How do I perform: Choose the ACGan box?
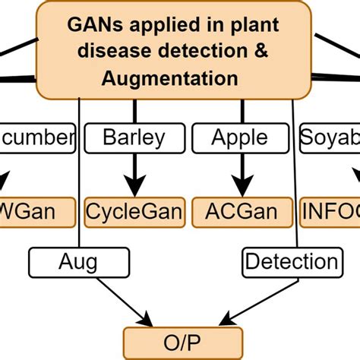click(242, 210)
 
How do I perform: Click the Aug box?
click(78, 263)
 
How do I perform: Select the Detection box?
click(292, 263)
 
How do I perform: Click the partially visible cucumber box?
click(38, 137)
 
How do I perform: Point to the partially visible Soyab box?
click(329, 137)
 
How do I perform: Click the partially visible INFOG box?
click(330, 210)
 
